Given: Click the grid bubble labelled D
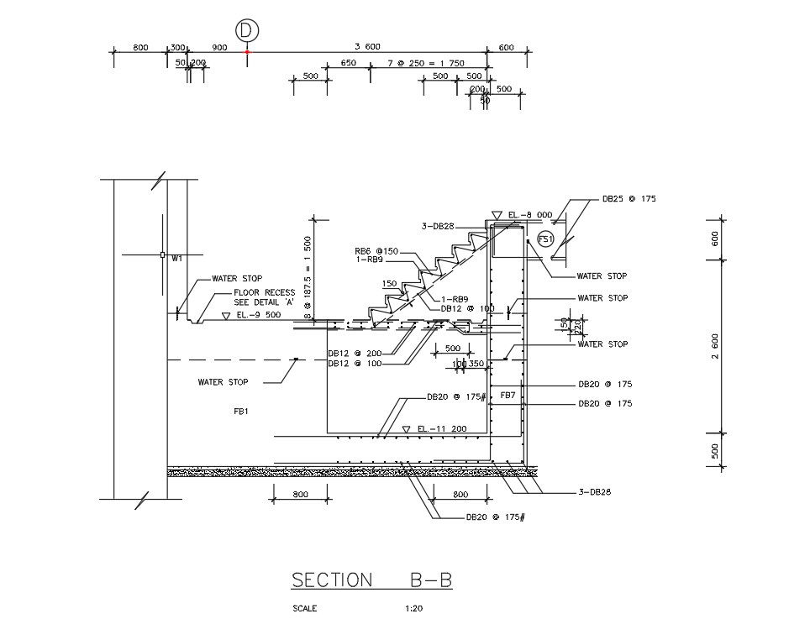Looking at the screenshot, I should coord(246,30).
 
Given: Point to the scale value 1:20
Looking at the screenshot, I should coord(413,609).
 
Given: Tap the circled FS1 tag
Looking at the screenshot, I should coord(545,239).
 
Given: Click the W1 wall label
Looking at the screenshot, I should coord(176,259).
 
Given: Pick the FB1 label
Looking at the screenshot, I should coord(242,412).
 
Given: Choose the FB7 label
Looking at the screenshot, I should coord(508,395).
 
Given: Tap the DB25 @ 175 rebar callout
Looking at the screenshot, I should coord(629,199).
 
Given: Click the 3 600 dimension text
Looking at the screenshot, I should coord(368,47).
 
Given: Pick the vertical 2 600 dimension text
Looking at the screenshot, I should coord(714,345).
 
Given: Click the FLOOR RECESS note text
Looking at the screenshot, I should coord(264,292).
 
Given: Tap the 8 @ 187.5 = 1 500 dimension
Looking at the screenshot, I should coord(308,278).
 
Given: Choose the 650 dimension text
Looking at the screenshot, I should coord(348,63).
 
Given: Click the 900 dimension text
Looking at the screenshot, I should coord(220,47).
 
